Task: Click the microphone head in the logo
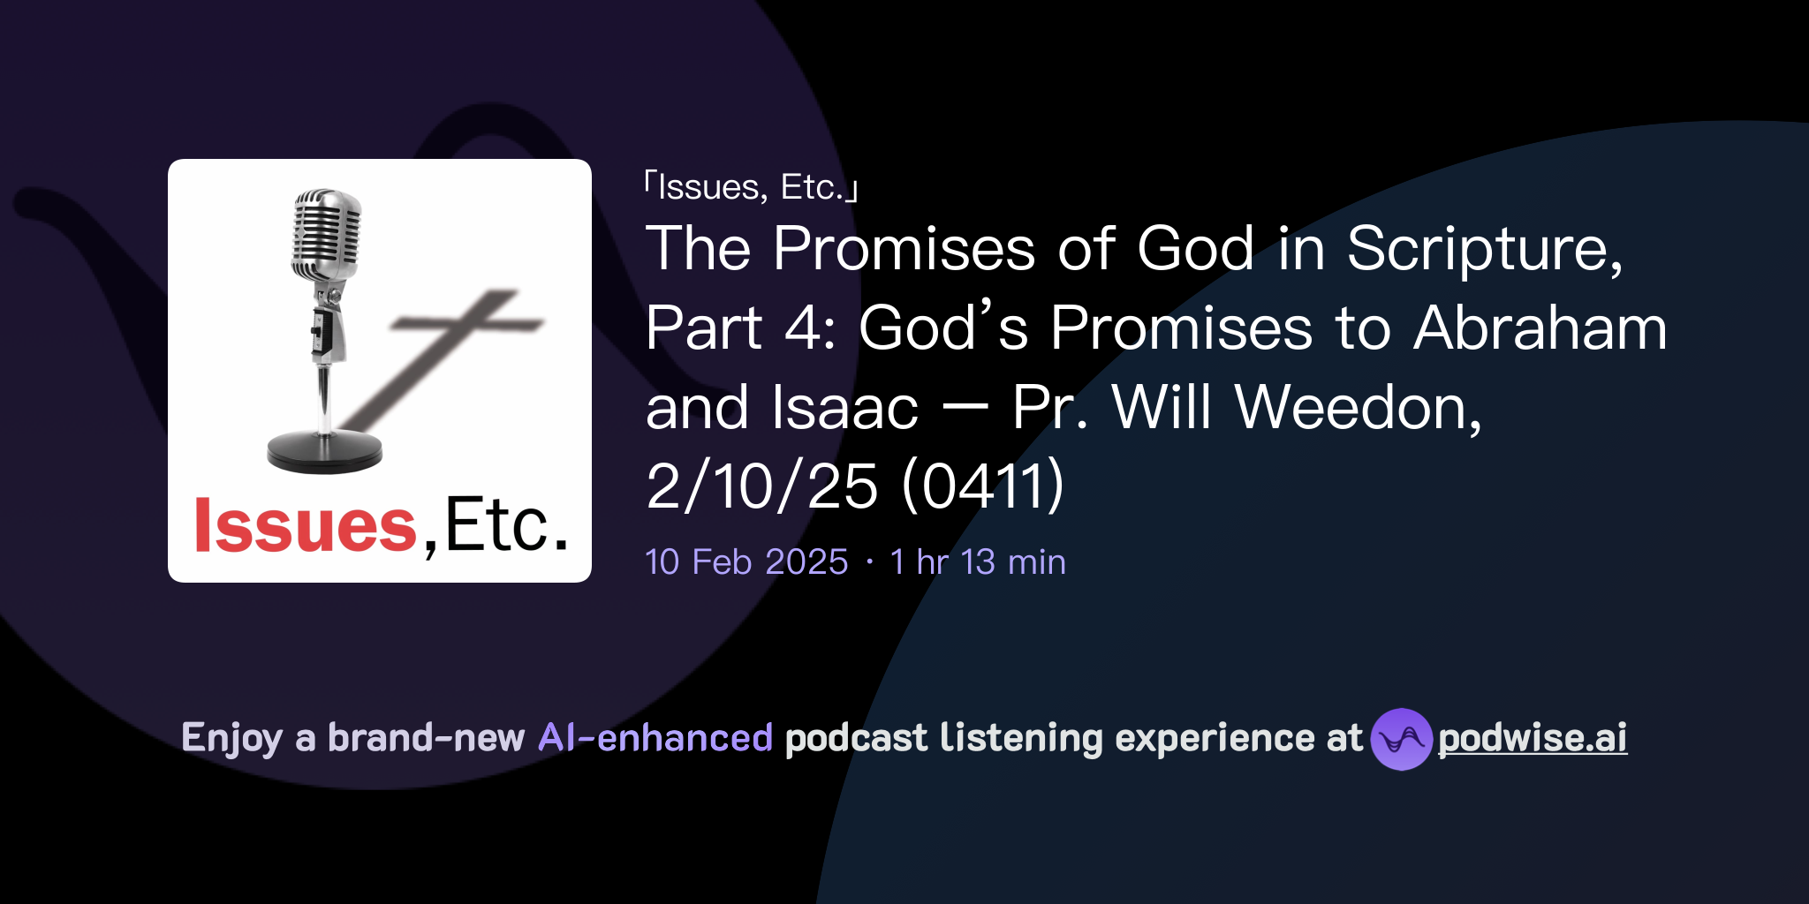coord(327,231)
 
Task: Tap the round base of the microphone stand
coord(324,451)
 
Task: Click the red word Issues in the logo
coord(305,526)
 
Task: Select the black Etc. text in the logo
coord(506,526)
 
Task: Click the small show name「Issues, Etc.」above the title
coord(751,187)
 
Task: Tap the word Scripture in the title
coord(1484,249)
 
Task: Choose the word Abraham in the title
coord(1540,328)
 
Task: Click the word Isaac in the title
coord(844,408)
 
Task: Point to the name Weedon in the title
coord(1358,408)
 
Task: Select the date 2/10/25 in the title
coord(761,486)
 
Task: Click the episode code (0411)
coord(983,486)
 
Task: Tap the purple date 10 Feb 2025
coord(746,562)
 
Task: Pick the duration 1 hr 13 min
coord(978,562)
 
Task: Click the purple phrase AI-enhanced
coord(655,738)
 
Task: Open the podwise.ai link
coord(1532,738)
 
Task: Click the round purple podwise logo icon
coord(1401,739)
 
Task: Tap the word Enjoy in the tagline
coord(231,738)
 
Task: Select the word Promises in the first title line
coord(904,249)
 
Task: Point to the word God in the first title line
coord(1195,249)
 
